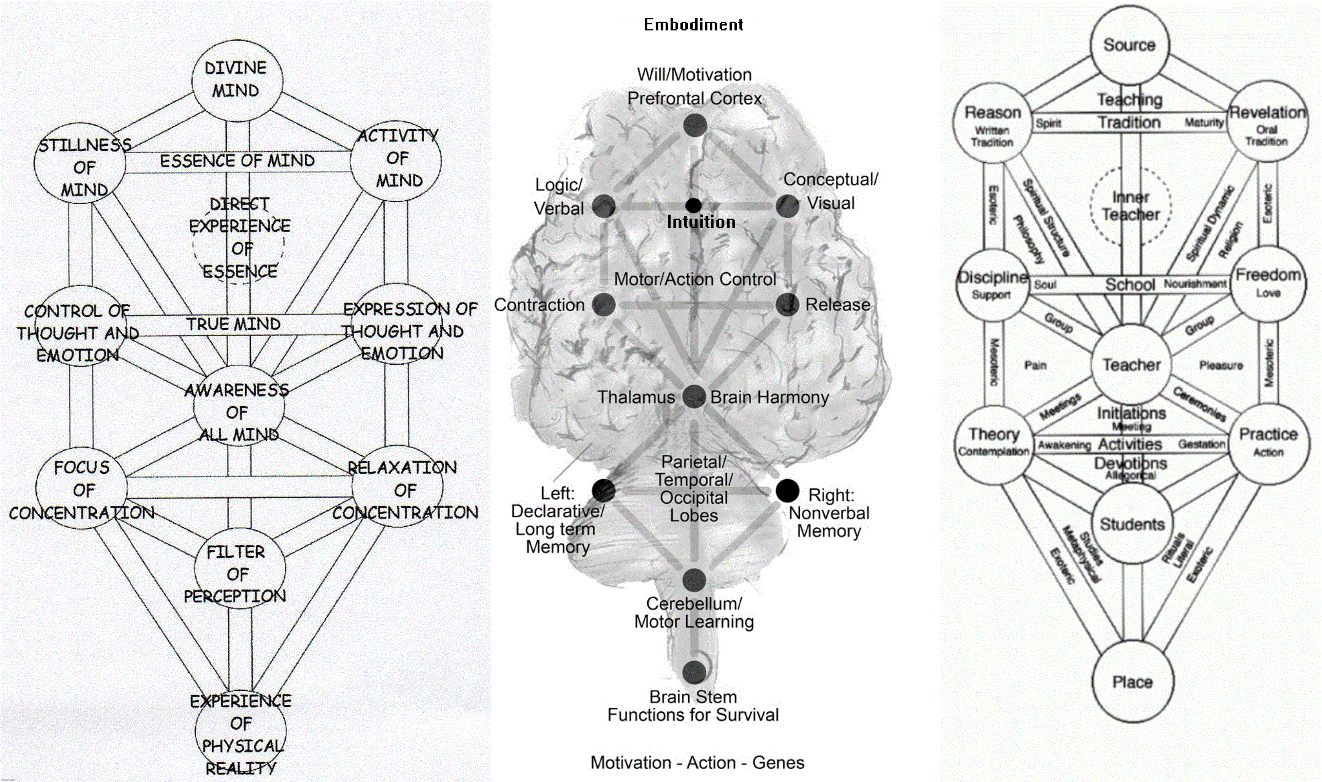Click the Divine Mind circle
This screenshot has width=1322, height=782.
click(x=237, y=80)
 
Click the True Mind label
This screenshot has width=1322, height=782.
click(x=233, y=324)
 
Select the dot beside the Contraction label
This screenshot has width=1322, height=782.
click(x=604, y=304)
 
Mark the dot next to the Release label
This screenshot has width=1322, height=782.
click(x=787, y=304)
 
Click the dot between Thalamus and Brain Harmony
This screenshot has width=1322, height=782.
click(x=693, y=396)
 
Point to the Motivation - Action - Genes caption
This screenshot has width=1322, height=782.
click(x=697, y=762)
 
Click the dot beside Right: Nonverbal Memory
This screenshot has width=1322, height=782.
click(x=787, y=491)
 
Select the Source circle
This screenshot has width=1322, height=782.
click(x=1130, y=45)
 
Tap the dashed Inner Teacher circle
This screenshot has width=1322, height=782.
click(x=1131, y=206)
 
